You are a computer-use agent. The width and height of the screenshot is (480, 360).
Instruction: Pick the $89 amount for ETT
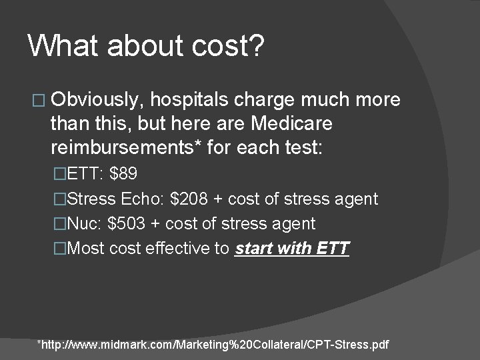[124, 175]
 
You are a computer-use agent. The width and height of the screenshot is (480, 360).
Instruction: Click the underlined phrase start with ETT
[292, 249]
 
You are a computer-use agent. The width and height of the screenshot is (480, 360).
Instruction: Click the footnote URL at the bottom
[213, 345]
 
